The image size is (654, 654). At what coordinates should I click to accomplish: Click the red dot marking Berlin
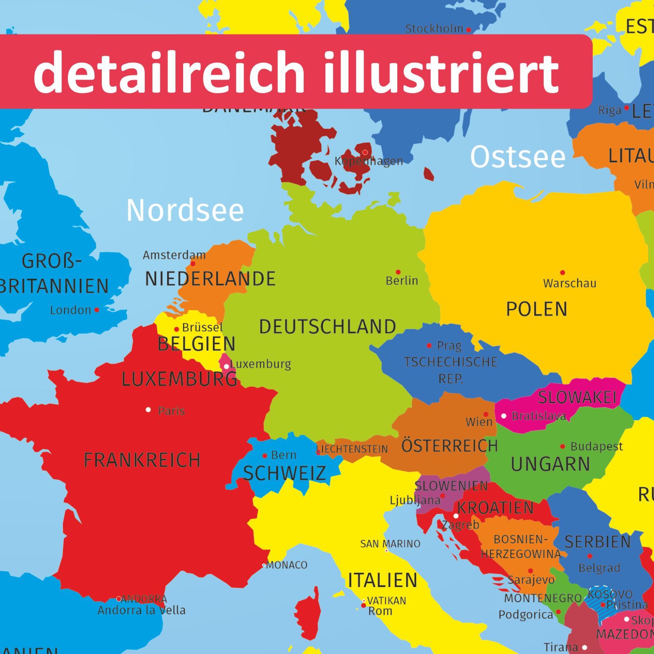tap(398, 272)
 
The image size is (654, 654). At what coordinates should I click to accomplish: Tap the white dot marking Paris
tap(148, 409)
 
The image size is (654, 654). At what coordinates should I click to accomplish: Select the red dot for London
tap(97, 310)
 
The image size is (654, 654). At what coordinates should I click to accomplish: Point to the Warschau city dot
tap(562, 272)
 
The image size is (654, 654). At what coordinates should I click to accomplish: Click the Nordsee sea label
tap(185, 211)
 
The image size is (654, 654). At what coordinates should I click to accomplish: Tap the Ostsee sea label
tap(517, 157)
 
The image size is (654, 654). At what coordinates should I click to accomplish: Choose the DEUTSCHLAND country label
tap(327, 327)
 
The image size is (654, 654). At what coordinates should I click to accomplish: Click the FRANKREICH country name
tap(142, 460)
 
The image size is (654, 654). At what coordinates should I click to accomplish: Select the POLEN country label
tap(537, 309)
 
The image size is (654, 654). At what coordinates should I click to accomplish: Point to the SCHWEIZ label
tap(284, 474)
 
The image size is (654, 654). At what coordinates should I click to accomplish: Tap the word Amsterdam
tap(174, 255)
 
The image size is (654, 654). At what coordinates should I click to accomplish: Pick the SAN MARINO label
tap(390, 544)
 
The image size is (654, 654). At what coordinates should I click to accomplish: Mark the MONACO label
tap(287, 565)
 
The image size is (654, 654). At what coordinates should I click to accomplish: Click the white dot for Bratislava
tap(504, 416)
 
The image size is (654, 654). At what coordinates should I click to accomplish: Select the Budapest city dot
tap(562, 446)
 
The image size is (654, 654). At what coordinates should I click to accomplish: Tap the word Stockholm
tap(434, 29)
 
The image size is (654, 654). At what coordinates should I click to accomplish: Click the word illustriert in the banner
tap(441, 73)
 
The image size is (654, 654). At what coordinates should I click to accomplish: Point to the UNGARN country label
tap(550, 464)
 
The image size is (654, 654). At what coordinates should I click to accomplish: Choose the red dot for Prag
tap(429, 345)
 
